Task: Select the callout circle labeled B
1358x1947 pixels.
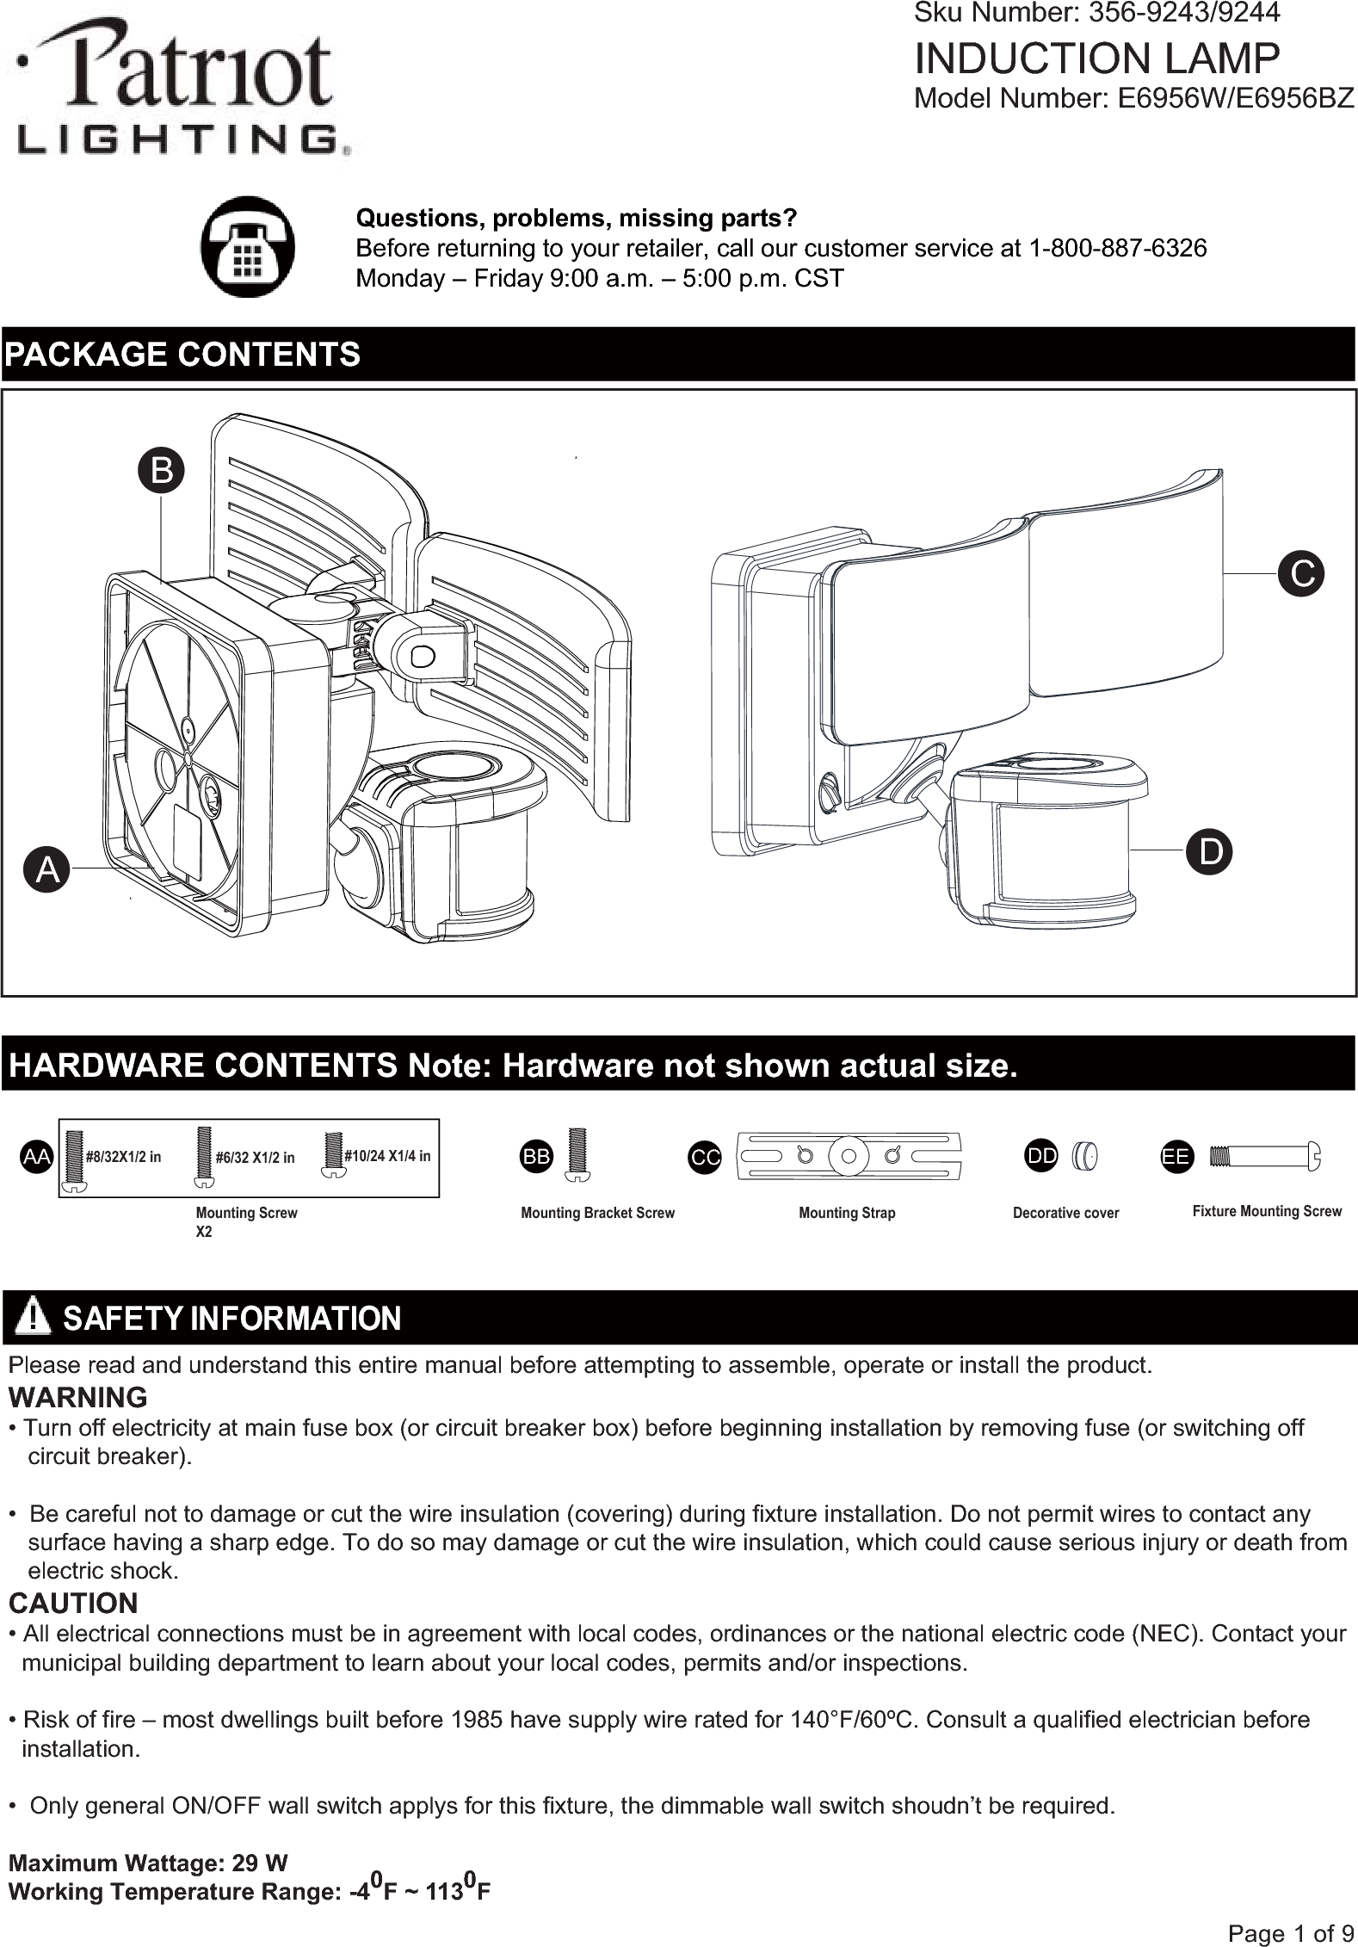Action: (162, 471)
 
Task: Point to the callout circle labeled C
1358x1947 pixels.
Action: (1301, 572)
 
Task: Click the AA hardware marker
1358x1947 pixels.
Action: (36, 1158)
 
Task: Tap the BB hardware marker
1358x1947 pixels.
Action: (537, 1157)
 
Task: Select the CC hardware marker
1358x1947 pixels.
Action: (705, 1158)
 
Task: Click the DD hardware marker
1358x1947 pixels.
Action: (1042, 1156)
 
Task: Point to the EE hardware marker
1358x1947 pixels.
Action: (1176, 1157)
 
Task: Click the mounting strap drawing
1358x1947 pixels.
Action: (849, 1156)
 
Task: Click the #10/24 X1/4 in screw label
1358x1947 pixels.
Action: (387, 1155)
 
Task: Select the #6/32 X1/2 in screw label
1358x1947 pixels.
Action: (255, 1158)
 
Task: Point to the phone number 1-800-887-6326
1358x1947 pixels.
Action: (1117, 249)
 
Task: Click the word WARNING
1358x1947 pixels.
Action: (77, 1396)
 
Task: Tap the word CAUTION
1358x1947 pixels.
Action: (73, 1603)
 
